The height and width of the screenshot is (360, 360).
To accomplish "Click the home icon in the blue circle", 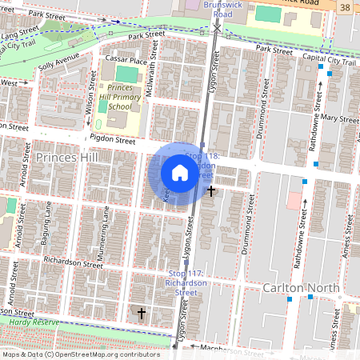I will [x=180, y=173].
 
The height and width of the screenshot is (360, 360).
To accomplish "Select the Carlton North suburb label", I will [x=300, y=287].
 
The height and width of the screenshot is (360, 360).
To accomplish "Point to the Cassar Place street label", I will [x=127, y=61].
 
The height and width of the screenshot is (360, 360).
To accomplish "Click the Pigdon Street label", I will [x=113, y=139].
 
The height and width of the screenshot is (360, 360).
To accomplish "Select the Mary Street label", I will [x=338, y=118].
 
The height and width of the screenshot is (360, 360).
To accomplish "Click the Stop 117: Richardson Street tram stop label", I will [x=186, y=282].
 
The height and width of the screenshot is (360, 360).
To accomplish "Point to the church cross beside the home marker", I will [x=211, y=191].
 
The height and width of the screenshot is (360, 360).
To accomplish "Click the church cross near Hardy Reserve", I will [x=142, y=313].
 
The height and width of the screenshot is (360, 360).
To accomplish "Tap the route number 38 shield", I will [x=345, y=6].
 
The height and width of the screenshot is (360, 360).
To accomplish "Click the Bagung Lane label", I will [x=49, y=221].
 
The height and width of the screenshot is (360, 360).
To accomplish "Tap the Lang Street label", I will [x=21, y=32].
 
